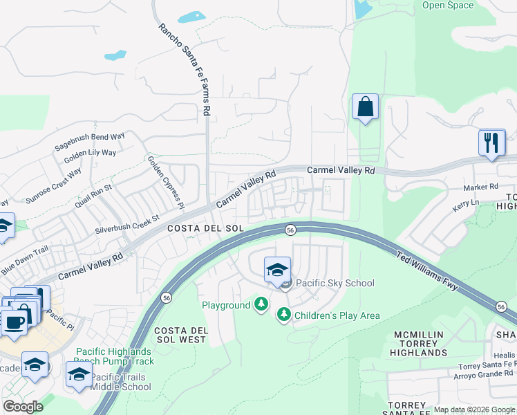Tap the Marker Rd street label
[x=480, y=187]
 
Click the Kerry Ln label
[x=465, y=202]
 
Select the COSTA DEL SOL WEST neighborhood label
[x=180, y=335]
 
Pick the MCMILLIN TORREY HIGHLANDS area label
[x=420, y=344]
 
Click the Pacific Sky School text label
[x=335, y=283]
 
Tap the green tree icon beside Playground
[x=261, y=304]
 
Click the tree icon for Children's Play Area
[x=283, y=315]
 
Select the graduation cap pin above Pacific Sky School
[x=277, y=270]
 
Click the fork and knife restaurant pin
[x=491, y=142]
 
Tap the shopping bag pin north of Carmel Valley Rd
[x=365, y=107]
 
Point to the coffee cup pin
[x=14, y=322]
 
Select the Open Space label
[x=448, y=6]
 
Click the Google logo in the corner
[x=23, y=407]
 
